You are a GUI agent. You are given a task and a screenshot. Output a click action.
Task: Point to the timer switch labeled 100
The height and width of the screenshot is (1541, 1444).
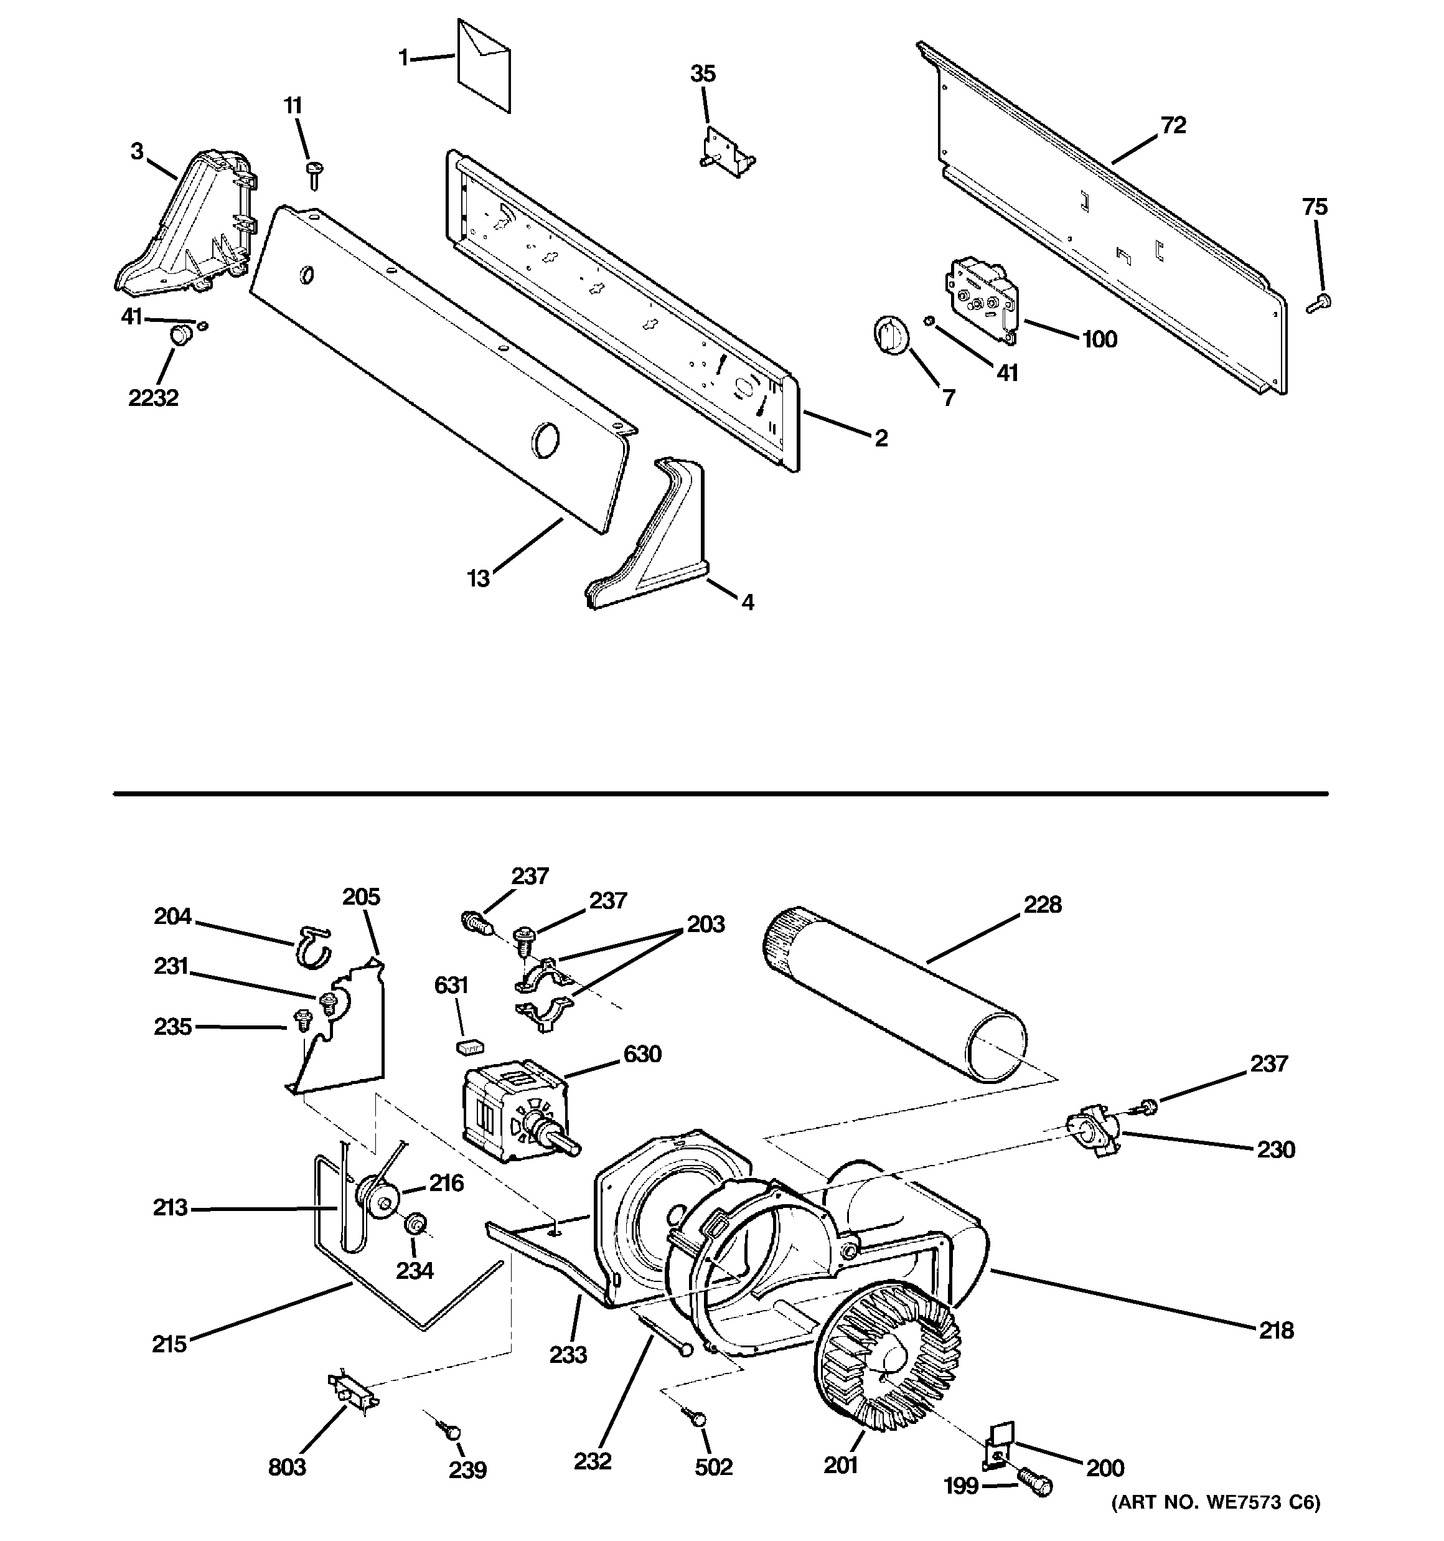982,300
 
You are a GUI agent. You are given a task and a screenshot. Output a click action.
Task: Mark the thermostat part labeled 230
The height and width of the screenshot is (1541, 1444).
1092,1134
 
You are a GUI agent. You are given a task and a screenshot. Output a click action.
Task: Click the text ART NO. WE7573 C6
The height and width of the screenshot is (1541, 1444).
1216,1522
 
